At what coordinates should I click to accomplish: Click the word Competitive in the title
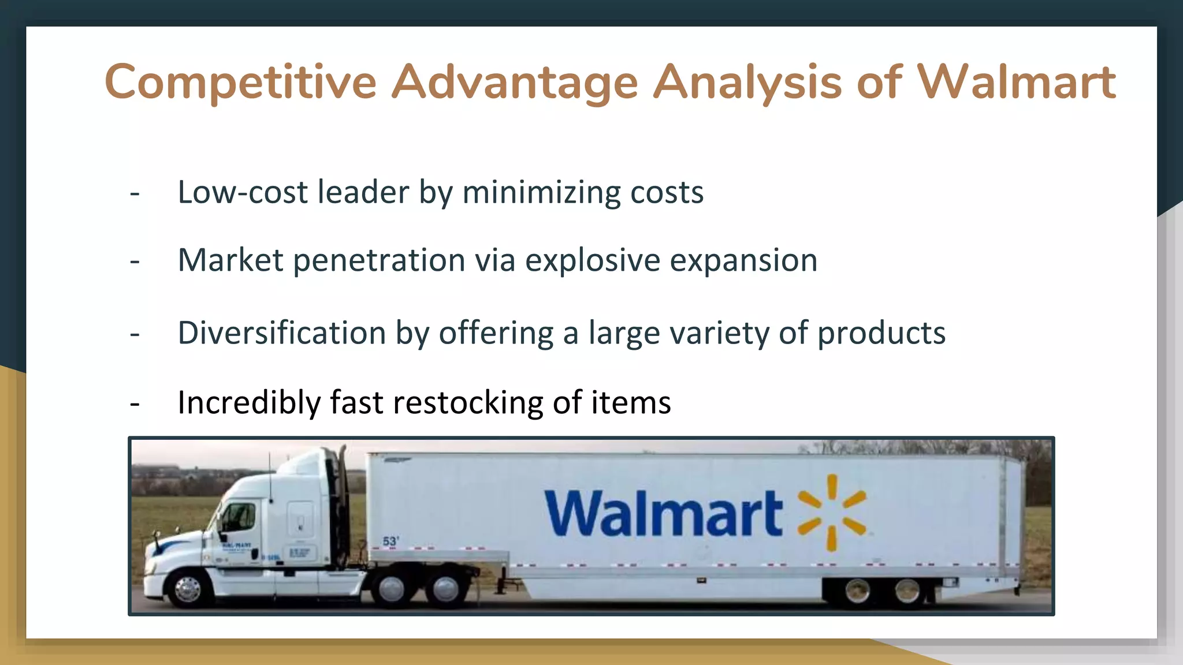click(x=240, y=82)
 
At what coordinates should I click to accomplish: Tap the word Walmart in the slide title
click(x=1017, y=82)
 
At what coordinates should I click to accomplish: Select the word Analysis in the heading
click(x=748, y=82)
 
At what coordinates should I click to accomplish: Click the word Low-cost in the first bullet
click(x=243, y=192)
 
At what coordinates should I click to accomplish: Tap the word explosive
click(x=592, y=260)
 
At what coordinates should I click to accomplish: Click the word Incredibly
click(x=248, y=402)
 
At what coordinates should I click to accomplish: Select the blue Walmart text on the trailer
click(x=663, y=514)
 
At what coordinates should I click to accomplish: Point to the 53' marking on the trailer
click(x=390, y=541)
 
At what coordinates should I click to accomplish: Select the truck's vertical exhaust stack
click(x=343, y=496)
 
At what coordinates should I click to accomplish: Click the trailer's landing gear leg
click(x=503, y=580)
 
